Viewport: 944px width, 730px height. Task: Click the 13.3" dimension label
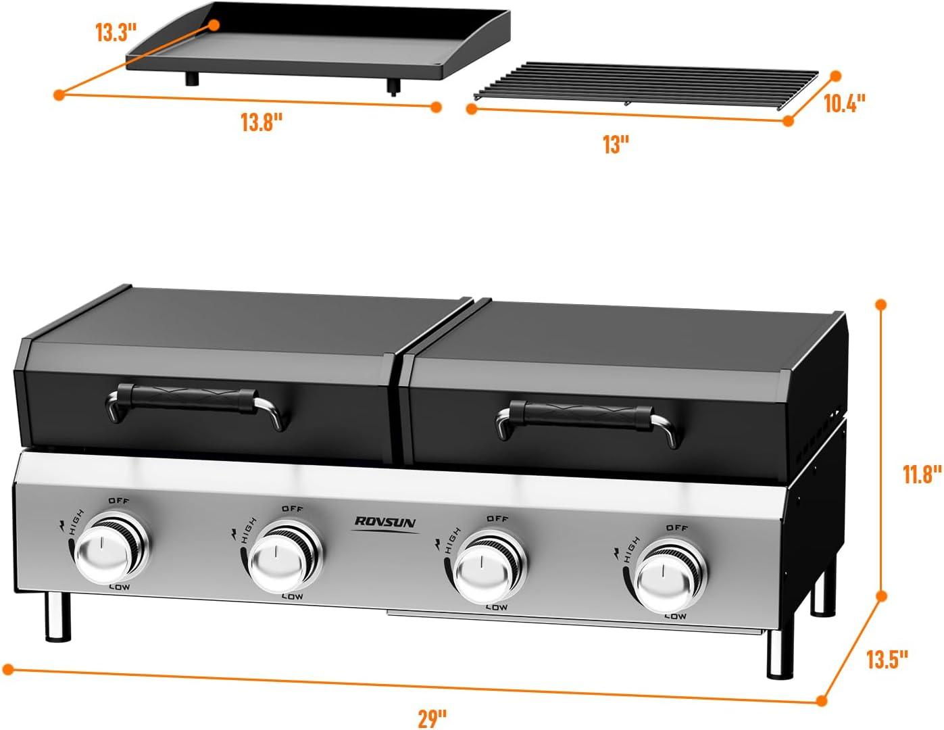(116, 32)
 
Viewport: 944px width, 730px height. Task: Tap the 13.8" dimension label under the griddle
(262, 123)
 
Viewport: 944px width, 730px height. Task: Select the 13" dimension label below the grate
(616, 145)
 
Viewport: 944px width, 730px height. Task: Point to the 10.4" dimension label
(844, 103)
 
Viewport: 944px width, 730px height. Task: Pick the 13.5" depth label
(887, 659)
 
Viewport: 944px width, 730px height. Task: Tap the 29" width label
(432, 718)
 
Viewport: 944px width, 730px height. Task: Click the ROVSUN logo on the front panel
(386, 522)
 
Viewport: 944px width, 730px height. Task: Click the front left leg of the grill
(58, 617)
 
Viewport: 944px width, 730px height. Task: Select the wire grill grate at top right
(645, 86)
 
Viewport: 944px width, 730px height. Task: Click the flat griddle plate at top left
(318, 42)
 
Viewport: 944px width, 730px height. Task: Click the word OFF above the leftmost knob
(119, 501)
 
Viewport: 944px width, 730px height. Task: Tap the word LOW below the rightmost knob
(675, 616)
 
